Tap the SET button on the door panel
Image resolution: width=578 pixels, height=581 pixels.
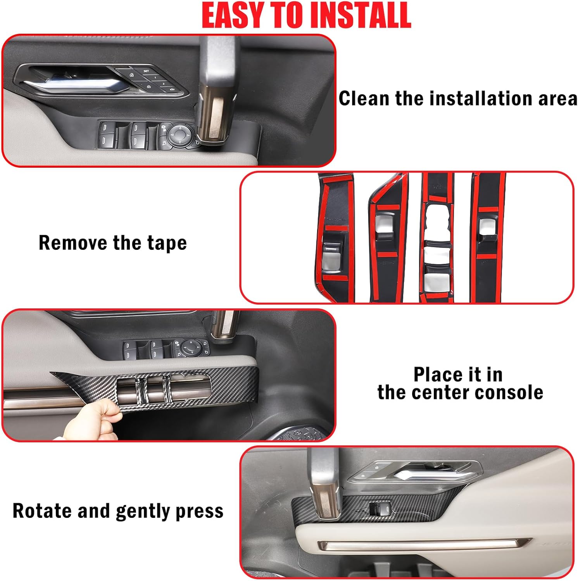point(146,71)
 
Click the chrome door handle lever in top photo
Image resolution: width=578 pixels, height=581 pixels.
point(74,84)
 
